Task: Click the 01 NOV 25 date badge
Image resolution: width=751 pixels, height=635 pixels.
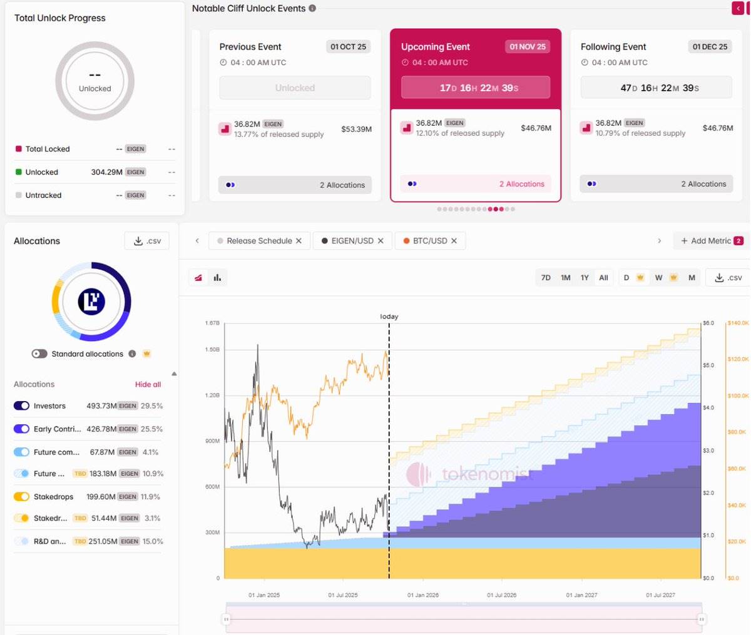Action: [x=527, y=46]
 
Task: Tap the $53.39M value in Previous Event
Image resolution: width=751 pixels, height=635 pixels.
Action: [x=356, y=129]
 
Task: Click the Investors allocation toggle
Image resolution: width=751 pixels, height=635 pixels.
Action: [x=21, y=406]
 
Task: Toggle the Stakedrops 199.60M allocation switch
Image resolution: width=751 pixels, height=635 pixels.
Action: [x=21, y=497]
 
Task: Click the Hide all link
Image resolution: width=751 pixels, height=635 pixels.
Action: [x=148, y=384]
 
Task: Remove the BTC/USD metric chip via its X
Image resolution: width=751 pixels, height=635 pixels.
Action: [x=454, y=241]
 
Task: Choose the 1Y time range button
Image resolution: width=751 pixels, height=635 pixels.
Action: [x=584, y=278]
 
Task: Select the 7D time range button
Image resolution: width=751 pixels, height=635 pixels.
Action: [x=546, y=278]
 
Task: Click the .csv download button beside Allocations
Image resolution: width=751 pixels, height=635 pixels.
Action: [x=147, y=241]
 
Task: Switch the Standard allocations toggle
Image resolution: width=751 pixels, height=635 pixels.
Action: [x=39, y=354]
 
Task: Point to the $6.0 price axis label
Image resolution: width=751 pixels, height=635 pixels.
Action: [x=708, y=323]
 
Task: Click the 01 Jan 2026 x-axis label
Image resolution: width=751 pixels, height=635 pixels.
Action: [x=423, y=595]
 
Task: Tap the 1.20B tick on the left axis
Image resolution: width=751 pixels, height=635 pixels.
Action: [x=212, y=395]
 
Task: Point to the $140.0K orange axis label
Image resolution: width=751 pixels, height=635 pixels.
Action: [x=738, y=323]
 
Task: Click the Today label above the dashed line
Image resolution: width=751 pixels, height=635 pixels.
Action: [x=389, y=317]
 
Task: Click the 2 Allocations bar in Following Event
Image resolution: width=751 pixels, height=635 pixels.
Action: [x=656, y=184]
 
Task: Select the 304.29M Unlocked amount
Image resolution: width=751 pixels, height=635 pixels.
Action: [x=106, y=172]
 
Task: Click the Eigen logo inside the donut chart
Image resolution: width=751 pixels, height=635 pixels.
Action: [x=91, y=302]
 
